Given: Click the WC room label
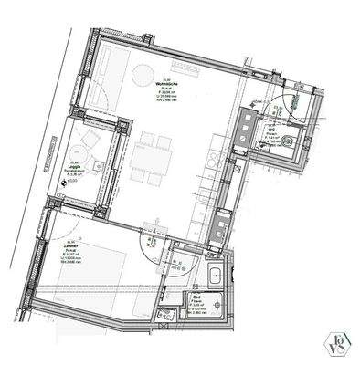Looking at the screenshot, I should (272, 130).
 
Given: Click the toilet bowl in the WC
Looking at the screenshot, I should (288, 140).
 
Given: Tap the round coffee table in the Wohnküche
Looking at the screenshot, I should (143, 74).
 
